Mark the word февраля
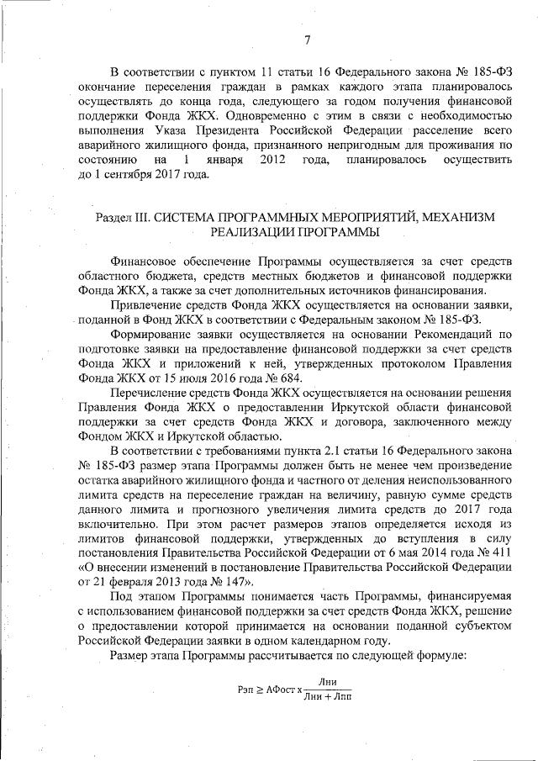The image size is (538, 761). click(124, 579)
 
